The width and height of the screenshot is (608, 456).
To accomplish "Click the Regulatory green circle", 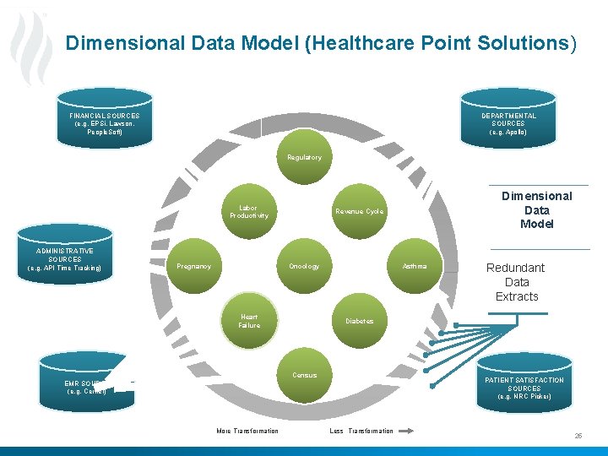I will pos(304,158).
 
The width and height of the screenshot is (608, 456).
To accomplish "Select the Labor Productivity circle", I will pos(248,211).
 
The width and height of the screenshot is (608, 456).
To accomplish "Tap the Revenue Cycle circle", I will pos(359,211).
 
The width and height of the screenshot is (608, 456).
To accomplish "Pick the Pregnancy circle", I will pos(193,266).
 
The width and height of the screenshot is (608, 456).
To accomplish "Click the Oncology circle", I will pos(304,266).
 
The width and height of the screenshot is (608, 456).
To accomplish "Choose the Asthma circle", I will pos(415,266).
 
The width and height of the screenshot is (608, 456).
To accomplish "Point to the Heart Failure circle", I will pos(249,321).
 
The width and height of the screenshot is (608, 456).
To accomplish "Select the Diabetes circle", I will pos(359,321).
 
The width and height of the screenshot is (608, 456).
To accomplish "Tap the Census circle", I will pos(304,375).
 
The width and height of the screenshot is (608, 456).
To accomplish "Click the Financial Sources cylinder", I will pos(105,122).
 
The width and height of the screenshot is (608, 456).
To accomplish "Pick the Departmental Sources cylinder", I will pos(508,123).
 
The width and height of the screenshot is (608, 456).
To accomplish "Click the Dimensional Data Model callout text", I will pos(536,209).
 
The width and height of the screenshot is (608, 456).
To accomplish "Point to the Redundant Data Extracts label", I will pos(516,282).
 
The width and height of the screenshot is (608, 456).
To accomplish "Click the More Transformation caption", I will pos(247,431).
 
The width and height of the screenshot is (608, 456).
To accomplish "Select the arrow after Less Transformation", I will pos(406,431).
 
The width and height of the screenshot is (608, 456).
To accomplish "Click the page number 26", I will pos(578,436).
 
